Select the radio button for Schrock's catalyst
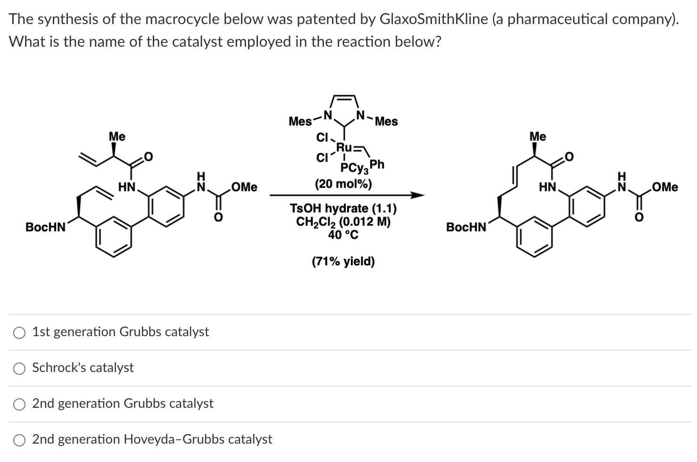click(x=19, y=368)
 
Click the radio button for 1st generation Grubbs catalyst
click(x=19, y=332)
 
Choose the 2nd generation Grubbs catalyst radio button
click(x=19, y=404)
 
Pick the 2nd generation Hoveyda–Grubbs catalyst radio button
click(x=19, y=440)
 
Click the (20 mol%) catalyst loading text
click(x=343, y=183)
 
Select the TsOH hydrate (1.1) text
click(x=343, y=208)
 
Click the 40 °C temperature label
click(x=343, y=234)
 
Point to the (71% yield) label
click(x=343, y=261)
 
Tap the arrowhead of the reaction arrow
click(x=417, y=195)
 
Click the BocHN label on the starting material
click(x=46, y=227)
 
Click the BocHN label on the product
click(x=466, y=227)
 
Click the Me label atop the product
click(x=538, y=137)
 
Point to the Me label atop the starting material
click(x=117, y=137)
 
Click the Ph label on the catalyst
click(x=377, y=164)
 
